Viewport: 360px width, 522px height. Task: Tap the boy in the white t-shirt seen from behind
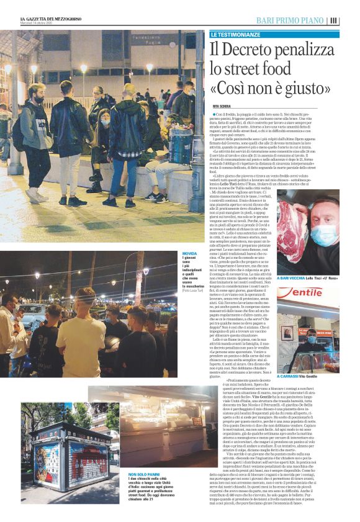point(81,329)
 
